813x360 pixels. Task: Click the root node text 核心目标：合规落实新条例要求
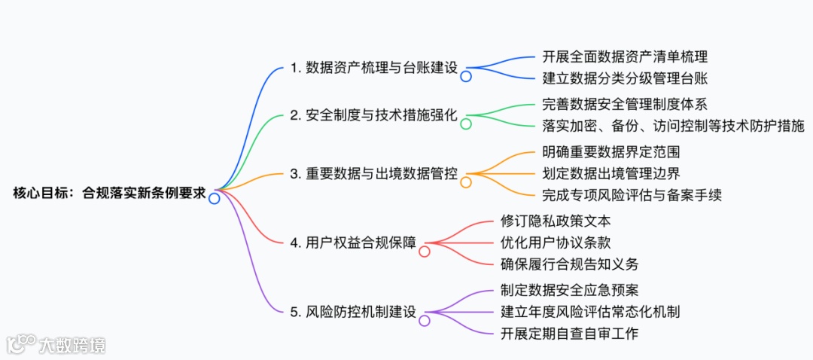coord(109,192)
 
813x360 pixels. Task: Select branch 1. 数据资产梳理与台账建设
coord(374,67)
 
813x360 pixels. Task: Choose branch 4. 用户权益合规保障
coord(353,243)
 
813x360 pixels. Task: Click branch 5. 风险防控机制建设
coord(353,311)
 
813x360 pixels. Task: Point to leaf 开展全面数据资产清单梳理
coord(625,56)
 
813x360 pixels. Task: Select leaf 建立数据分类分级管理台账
coord(625,78)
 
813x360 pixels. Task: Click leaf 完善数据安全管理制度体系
coord(625,104)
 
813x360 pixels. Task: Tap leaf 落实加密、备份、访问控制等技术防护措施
coord(673,125)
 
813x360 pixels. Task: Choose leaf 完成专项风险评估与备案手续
coord(632,195)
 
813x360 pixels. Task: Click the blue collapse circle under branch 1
coord(466,76)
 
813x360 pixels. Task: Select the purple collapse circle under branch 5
coord(425,321)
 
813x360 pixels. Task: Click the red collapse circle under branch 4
coord(425,252)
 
